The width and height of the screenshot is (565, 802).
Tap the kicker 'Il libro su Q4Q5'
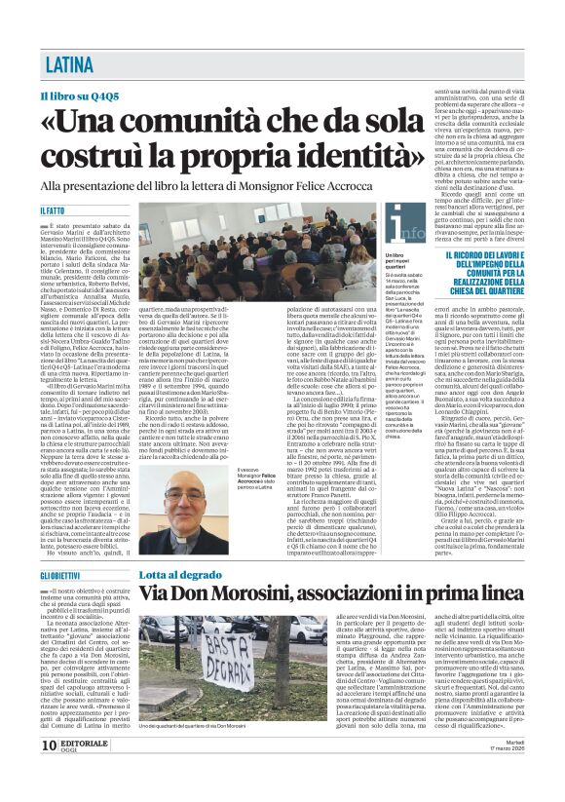(80, 97)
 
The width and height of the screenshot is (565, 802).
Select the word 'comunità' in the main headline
(218, 120)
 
